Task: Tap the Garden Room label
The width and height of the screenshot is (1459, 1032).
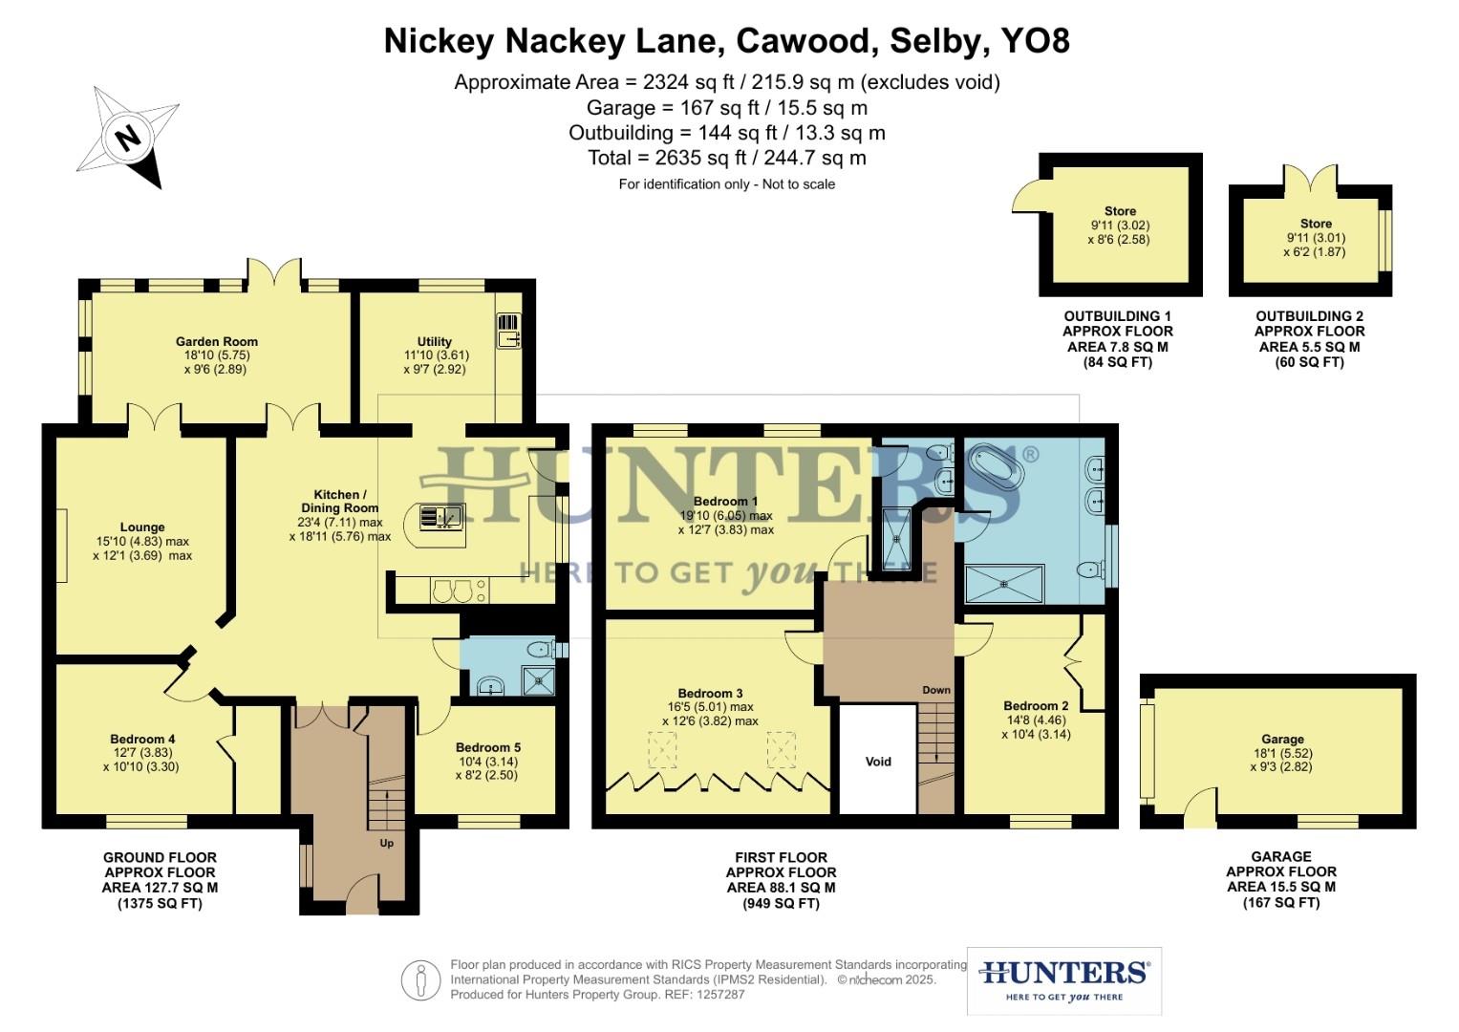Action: (x=216, y=341)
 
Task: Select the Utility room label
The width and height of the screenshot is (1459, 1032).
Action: (x=434, y=341)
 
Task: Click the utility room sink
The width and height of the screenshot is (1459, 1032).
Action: (x=507, y=331)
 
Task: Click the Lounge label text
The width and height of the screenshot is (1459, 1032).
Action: (x=142, y=527)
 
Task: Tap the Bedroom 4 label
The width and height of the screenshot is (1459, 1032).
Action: (x=142, y=739)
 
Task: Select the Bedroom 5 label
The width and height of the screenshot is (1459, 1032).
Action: (x=487, y=747)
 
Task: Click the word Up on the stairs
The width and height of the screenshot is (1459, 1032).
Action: (x=387, y=843)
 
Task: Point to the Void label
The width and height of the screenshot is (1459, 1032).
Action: (x=877, y=762)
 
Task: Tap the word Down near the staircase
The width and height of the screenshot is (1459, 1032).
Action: (x=936, y=690)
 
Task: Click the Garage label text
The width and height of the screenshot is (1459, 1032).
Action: (x=1281, y=739)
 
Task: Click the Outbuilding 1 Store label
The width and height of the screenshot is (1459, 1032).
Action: (x=1120, y=211)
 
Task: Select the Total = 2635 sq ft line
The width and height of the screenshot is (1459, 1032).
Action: (x=727, y=158)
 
